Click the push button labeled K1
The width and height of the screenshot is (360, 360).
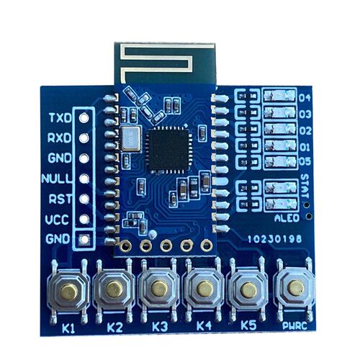click(68, 291)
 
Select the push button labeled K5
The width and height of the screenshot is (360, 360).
click(249, 289)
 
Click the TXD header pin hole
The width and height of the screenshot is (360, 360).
click(84, 117)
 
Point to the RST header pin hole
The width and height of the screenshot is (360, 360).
click(84, 199)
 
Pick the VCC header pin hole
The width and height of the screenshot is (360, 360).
click(84, 219)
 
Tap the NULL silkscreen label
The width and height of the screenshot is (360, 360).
click(57, 179)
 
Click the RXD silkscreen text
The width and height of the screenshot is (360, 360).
click(60, 138)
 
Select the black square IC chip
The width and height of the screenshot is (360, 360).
click(168, 150)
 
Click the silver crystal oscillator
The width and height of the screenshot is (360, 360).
click(130, 139)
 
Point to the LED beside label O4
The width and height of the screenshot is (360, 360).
click(279, 96)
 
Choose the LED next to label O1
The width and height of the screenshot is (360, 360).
click(280, 145)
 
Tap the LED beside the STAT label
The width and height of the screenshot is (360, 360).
click(281, 187)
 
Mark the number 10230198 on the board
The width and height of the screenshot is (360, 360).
click(274, 239)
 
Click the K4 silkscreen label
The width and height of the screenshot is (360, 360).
click(204, 325)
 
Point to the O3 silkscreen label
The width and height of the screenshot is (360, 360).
click(305, 114)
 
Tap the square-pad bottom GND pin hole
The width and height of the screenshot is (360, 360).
click(84, 239)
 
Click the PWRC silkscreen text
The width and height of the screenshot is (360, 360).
click(294, 326)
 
